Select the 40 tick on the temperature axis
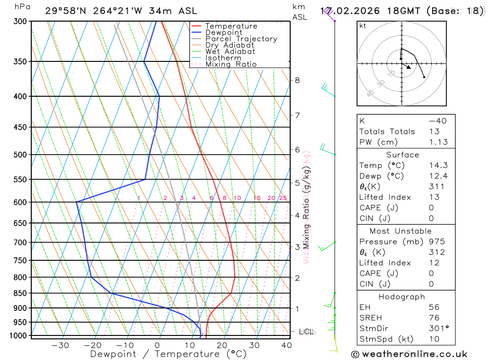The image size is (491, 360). pyautogui.click(x=286, y=345)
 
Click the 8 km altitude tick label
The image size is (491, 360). pyautogui.click(x=297, y=80)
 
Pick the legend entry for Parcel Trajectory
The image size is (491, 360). pyautogui.click(x=241, y=39)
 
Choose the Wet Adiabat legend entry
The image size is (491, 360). pyautogui.click(x=230, y=52)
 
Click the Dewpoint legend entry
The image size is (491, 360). pyautogui.click(x=224, y=32)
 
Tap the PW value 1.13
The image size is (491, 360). pyautogui.click(x=438, y=142)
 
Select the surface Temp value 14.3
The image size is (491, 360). pyautogui.click(x=438, y=166)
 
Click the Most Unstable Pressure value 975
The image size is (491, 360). pyautogui.click(x=436, y=242)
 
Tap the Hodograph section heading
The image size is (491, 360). pyautogui.click(x=402, y=297)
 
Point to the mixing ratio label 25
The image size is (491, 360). pyautogui.click(x=283, y=198)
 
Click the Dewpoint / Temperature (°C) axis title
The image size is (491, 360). pyautogui.click(x=168, y=354)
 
